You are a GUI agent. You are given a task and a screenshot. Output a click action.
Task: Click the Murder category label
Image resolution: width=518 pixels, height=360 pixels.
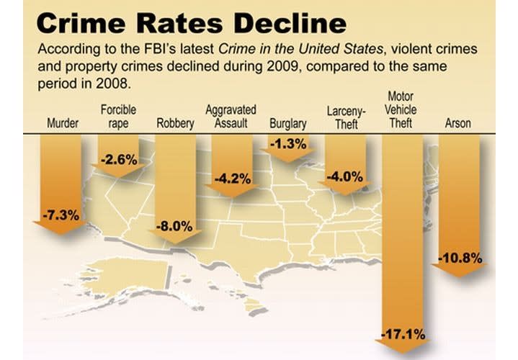pyautogui.click(x=63, y=123)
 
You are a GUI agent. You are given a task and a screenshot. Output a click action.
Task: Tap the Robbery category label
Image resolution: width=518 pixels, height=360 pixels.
pyautogui.click(x=175, y=123)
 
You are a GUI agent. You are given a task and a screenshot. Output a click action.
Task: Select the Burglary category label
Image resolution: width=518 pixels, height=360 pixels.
pyautogui.click(x=287, y=123)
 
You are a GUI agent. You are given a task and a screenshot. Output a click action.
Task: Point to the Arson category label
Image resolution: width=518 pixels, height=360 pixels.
pyautogui.click(x=458, y=123)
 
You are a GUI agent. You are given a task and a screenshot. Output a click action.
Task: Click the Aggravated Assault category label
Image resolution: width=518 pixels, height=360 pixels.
pyautogui.click(x=231, y=117)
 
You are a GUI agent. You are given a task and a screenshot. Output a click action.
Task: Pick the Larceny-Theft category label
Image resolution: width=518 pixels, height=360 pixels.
pyautogui.click(x=346, y=117)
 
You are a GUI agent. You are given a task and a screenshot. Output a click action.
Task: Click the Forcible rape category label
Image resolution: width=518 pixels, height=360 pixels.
pyautogui.click(x=119, y=117)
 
